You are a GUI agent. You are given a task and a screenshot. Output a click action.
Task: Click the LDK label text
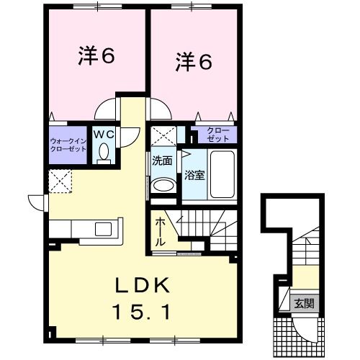[x=143, y=286]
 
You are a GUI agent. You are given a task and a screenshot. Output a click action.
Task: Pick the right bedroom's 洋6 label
[x=193, y=63]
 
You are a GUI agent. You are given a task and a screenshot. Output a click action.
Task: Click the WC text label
[x=103, y=132]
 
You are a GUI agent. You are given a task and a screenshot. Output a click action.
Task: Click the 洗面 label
[x=161, y=161]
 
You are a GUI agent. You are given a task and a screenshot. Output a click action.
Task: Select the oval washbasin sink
[x=164, y=185]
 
